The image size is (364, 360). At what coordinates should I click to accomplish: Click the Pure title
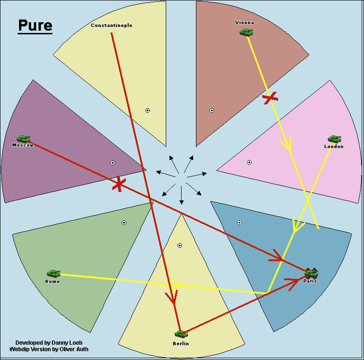pos(35,26)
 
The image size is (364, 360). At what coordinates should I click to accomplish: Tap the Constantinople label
pos(111,25)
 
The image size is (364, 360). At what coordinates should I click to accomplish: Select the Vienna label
pos(245,22)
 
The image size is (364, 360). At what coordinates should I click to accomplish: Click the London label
pos(334,146)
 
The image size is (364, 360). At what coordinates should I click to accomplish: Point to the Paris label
pos(310,281)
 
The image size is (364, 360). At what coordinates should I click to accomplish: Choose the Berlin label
pos(181,343)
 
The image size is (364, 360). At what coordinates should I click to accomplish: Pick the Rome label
pos(52,281)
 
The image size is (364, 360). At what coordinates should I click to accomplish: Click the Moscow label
pos(23,145)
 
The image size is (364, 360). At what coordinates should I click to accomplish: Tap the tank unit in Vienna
pos(246,32)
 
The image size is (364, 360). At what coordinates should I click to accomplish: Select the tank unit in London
pos(334,139)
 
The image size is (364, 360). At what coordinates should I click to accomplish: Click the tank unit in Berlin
pos(181,334)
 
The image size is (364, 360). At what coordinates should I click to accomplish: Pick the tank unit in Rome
pos(53,274)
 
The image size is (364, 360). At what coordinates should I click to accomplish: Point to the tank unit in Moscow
pos(23,138)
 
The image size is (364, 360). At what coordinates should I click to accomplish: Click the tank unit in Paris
pos(311,273)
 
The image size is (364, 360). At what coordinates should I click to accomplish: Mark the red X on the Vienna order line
pos(270,97)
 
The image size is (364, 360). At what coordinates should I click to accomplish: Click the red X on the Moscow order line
pos(119,184)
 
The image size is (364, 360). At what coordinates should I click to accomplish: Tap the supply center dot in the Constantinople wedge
pos(148,110)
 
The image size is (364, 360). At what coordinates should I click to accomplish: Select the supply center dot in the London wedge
pos(249,162)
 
